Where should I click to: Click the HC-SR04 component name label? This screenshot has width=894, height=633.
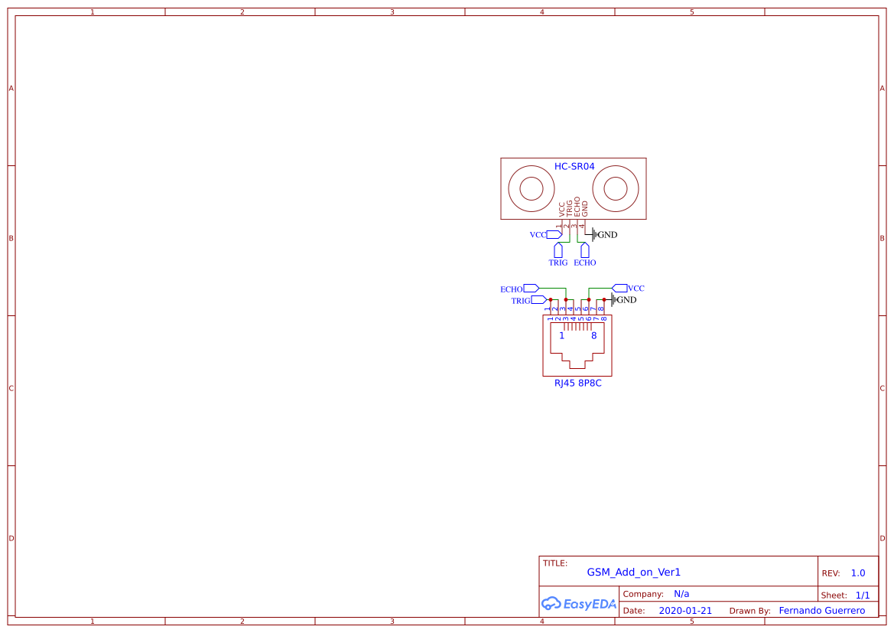pos(574,166)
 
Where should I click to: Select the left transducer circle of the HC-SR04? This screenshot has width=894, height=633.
pos(532,188)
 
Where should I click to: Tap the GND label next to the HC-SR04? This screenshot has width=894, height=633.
pos(607,235)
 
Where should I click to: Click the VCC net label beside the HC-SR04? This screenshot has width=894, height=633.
pos(538,235)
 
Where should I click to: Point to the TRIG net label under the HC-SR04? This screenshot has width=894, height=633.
pos(558,263)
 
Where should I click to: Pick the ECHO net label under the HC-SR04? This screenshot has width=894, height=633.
pos(584,263)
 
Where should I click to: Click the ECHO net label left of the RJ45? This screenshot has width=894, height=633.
pos(511,289)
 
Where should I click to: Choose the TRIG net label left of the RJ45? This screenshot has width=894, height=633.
pos(521,301)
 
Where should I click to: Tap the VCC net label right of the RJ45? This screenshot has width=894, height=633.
pos(636,289)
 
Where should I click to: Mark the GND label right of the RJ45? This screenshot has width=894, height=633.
pos(626,300)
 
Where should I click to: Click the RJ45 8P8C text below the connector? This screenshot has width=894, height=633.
pos(577,383)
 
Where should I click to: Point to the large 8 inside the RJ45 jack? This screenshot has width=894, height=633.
pos(593,335)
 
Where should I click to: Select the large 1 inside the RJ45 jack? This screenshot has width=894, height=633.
pos(561,335)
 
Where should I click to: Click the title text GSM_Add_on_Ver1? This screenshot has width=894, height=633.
pos(633,572)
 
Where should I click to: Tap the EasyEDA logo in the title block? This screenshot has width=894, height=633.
pos(578,603)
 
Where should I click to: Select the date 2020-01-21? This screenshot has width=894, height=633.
pos(685,611)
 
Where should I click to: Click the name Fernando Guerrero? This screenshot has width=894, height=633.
pos(821,611)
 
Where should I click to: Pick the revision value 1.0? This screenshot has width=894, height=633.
pos(857,573)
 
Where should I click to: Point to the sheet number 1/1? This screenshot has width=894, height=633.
pos(862,595)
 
